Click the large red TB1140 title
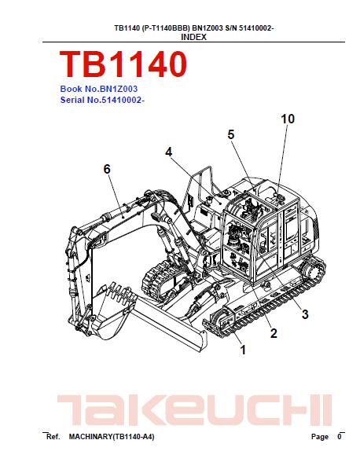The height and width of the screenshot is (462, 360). [123, 64]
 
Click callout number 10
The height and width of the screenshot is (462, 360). [288, 119]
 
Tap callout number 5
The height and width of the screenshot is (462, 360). [231, 134]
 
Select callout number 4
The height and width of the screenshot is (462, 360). [168, 152]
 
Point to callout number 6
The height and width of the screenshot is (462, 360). [107, 169]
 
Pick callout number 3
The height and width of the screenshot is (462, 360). [305, 314]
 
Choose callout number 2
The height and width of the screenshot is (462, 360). [274, 333]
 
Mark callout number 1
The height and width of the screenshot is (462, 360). [243, 350]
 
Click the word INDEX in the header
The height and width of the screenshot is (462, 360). [193, 37]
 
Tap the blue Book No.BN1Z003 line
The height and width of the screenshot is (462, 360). [99, 89]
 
